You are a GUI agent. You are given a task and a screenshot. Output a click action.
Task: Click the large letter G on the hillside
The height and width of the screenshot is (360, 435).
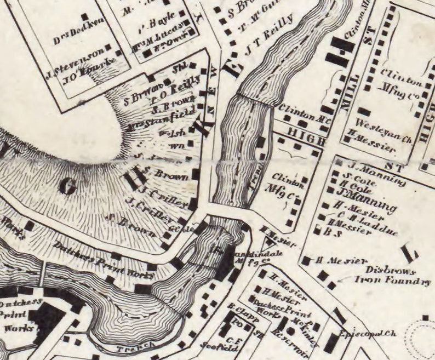(67, 187)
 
